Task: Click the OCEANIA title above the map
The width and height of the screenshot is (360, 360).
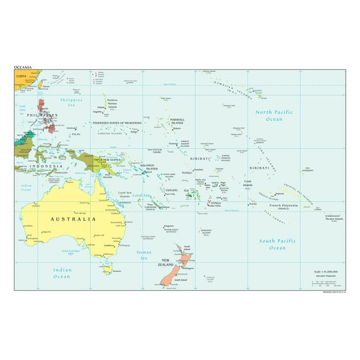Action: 24,67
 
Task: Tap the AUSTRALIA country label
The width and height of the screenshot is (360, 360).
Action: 73,219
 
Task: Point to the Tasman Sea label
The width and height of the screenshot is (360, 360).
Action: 144,255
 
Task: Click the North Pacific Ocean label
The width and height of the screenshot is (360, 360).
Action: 273,115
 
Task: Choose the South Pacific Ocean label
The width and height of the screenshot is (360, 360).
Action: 276,244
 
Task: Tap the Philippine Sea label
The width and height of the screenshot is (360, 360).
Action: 71,102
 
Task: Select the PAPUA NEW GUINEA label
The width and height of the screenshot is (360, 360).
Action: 107,160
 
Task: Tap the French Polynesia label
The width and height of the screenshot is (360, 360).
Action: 284,205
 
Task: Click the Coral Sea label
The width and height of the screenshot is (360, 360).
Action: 141,195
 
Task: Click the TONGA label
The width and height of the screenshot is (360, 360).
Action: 216,203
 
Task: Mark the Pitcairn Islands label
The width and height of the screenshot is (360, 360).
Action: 334,219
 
